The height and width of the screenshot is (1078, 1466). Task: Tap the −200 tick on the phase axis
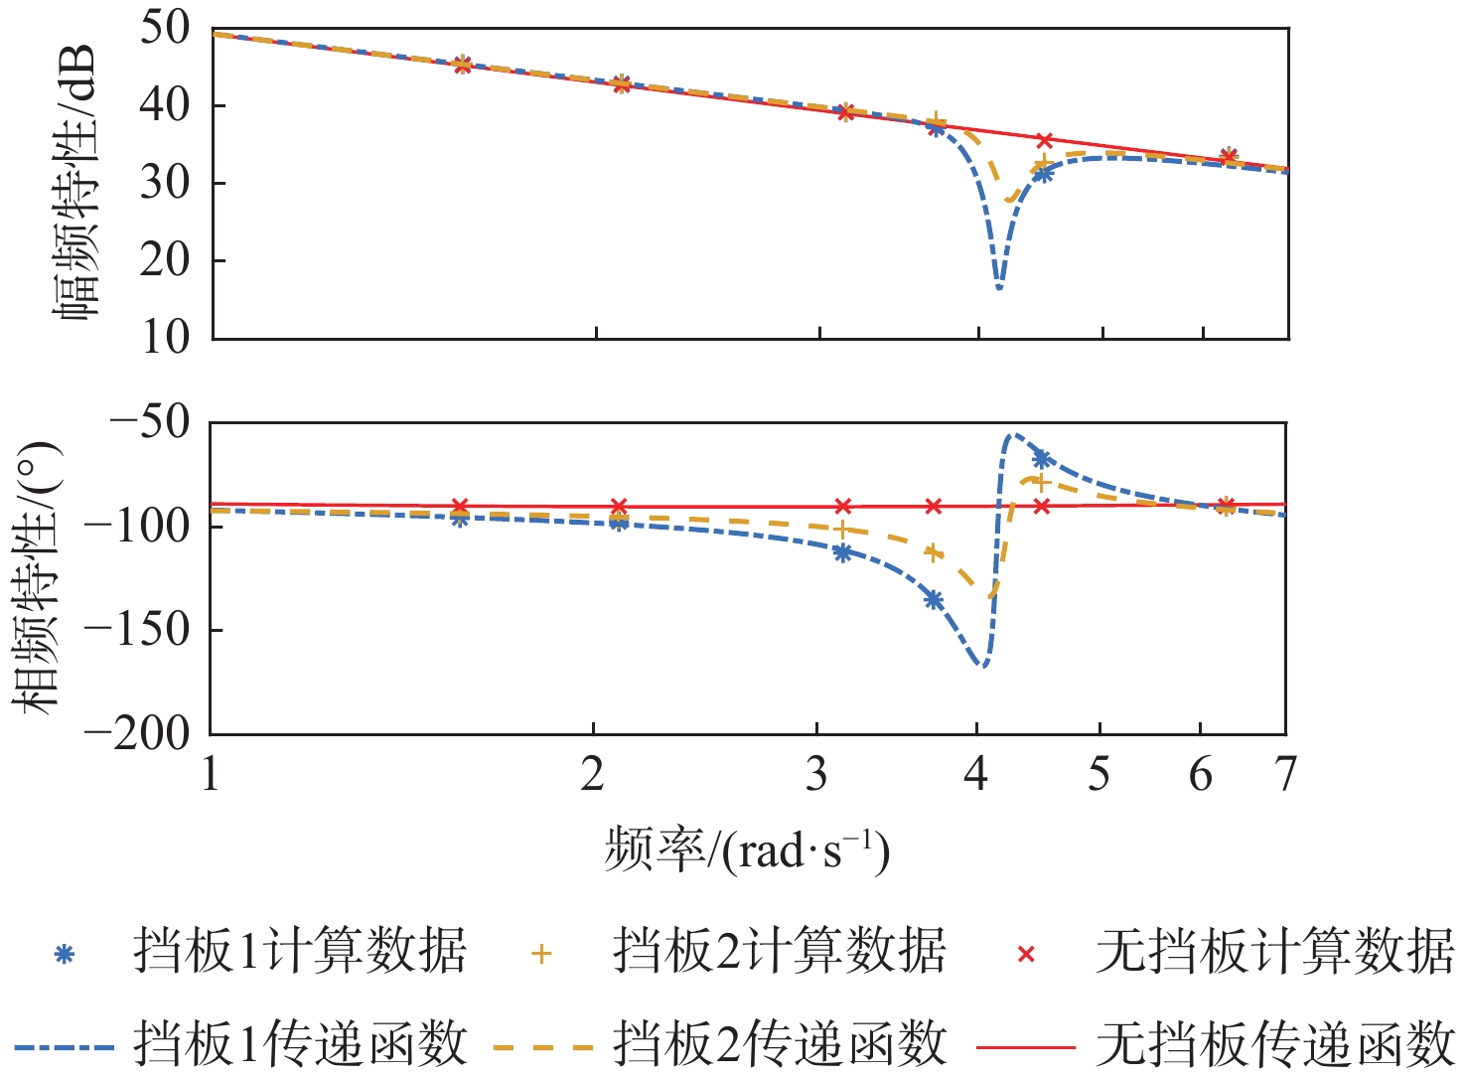point(137,734)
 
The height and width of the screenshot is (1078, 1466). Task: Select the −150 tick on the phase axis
point(137,630)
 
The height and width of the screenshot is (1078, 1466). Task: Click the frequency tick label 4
point(976,774)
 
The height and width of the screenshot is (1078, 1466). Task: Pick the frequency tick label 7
point(1286,774)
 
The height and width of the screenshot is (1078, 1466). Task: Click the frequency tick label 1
point(211,774)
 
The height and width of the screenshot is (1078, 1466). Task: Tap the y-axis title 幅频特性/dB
point(77,183)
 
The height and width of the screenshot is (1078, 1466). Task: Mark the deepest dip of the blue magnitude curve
point(999,288)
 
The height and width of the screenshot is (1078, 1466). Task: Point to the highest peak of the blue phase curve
point(1009,434)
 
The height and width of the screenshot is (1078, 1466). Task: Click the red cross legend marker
point(1027,954)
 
